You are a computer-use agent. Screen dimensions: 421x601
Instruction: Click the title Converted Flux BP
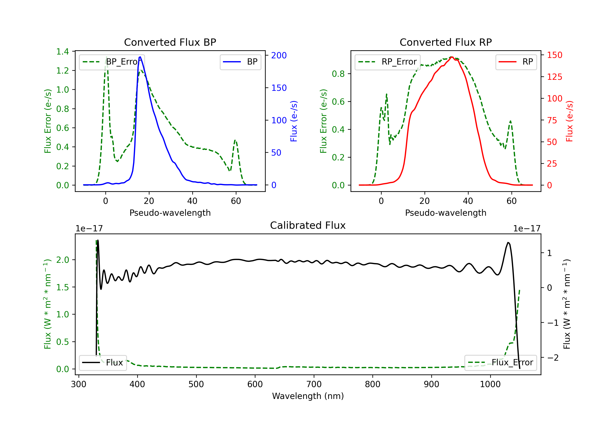pos(170,42)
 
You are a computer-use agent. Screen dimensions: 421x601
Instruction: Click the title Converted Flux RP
pos(446,42)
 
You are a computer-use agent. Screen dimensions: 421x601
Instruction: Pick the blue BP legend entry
pos(240,62)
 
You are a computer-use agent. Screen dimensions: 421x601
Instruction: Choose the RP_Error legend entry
pos(387,62)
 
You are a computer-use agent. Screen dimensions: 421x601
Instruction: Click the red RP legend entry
pos(516,62)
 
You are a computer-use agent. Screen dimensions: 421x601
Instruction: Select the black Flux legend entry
pos(103,363)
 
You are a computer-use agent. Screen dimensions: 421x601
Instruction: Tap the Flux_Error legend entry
pos(500,363)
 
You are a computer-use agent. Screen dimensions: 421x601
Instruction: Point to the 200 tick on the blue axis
pos(279,55)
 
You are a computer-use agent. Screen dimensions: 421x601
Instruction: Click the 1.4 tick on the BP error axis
pos(63,52)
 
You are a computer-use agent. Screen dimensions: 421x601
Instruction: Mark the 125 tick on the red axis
pos(554,77)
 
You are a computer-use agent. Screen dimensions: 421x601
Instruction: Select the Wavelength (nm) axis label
pos(308,396)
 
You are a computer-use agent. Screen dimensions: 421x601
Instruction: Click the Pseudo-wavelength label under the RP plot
pos(446,213)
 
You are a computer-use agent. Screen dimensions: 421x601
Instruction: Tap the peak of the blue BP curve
pos(140,57)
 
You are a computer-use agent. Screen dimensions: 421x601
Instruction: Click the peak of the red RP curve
pos(452,57)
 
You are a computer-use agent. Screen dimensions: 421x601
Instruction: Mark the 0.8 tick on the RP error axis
pos(338,74)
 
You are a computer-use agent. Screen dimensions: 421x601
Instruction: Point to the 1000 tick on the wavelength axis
pos(490,384)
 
